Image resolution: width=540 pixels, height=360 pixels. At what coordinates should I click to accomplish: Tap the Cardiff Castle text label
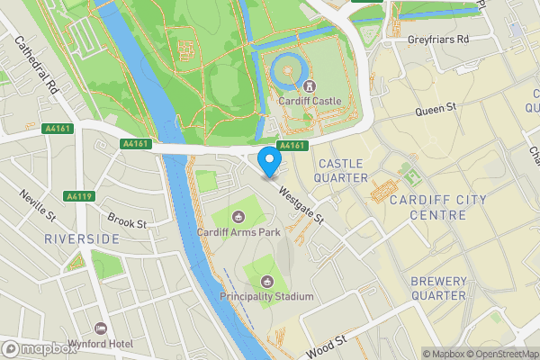[309, 102]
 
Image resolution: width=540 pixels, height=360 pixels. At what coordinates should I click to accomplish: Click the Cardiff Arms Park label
[238, 232]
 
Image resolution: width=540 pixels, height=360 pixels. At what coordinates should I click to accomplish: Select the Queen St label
[436, 112]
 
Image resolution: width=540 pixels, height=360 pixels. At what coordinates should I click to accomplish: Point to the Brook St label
[126, 222]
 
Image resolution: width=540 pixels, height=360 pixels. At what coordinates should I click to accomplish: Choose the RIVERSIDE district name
[82, 238]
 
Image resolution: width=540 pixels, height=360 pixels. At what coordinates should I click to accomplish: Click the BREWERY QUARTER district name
[438, 288]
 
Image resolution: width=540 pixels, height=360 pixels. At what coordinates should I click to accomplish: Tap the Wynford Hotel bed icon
[100, 329]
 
